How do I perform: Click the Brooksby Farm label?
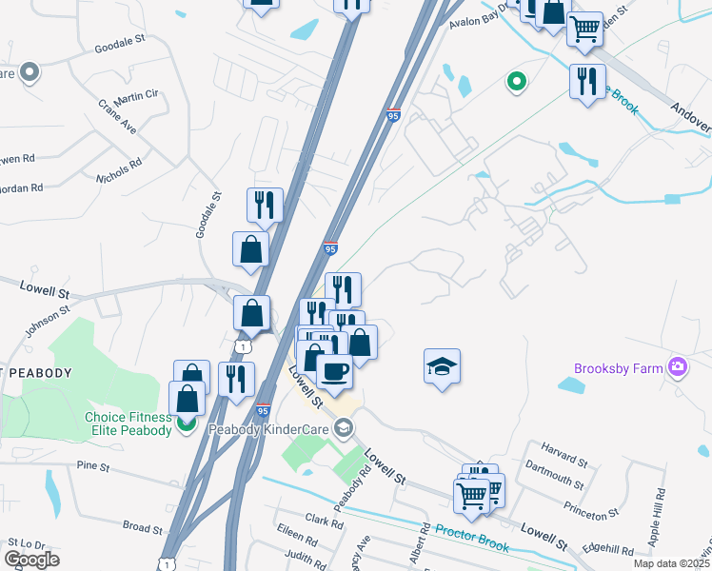(619, 368)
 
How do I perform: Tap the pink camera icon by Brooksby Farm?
(678, 366)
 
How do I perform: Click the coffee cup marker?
(334, 370)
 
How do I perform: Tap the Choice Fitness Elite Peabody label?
(128, 423)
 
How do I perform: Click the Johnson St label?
(48, 319)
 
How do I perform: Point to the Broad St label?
(144, 526)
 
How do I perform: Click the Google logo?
(31, 560)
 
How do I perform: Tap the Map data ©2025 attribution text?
(671, 563)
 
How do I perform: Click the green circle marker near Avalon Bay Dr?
(517, 83)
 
